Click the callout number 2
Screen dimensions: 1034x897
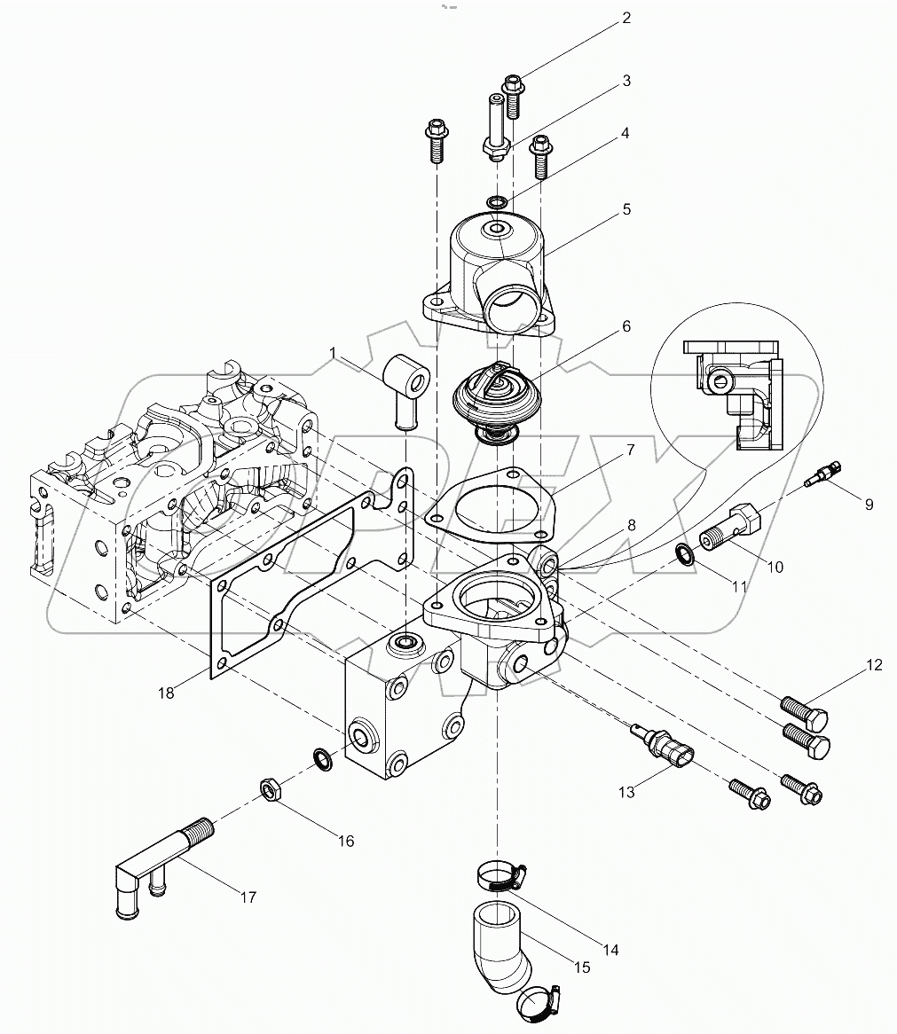point(626,17)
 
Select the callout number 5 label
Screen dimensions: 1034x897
point(626,209)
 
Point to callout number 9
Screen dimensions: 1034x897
point(869,504)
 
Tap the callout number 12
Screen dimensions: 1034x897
point(875,665)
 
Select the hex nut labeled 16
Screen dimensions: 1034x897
point(271,787)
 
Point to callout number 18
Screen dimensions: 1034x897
point(168,693)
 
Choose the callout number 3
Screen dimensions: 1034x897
point(626,81)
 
